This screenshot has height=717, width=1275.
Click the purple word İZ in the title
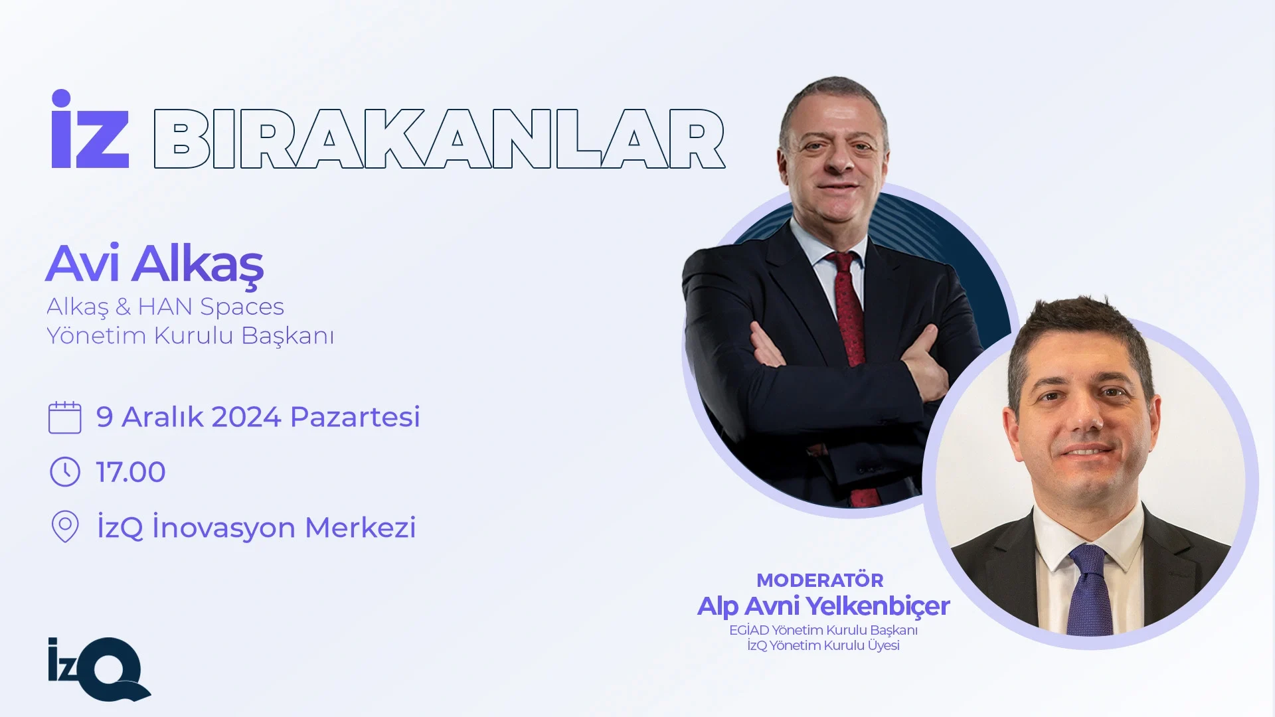tap(90, 129)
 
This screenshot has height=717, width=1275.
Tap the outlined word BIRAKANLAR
tap(439, 139)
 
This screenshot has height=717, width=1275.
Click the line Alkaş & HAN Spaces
tap(165, 307)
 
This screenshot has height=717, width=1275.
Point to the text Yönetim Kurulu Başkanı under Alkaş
tap(190, 336)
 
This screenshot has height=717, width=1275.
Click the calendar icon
tap(65, 418)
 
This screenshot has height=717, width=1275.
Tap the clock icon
tap(65, 472)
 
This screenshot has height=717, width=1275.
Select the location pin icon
tap(65, 526)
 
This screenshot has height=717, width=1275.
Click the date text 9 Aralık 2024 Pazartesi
tap(258, 417)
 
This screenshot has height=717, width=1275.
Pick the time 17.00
tap(131, 472)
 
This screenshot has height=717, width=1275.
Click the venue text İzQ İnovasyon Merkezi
tap(256, 528)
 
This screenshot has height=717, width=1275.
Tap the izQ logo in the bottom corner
tap(100, 669)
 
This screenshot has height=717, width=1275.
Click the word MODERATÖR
tap(820, 580)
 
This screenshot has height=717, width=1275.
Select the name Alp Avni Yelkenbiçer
tap(823, 606)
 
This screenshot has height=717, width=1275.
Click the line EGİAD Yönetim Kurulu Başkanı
tap(823, 630)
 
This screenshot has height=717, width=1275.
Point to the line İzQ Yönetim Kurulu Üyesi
tap(823, 645)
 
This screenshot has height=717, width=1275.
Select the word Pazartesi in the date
tap(355, 417)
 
